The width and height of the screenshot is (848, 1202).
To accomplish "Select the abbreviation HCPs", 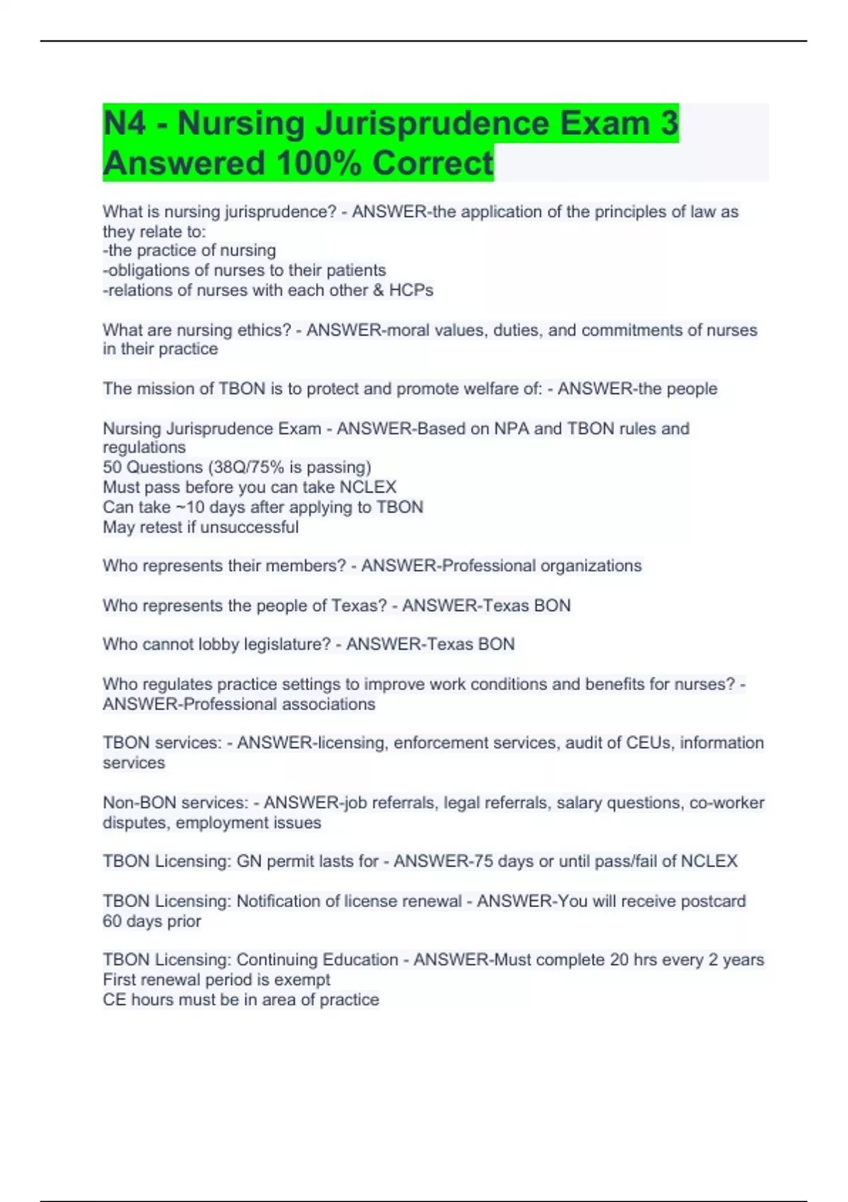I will [x=411, y=290].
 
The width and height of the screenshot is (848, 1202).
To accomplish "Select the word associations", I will [x=329, y=704].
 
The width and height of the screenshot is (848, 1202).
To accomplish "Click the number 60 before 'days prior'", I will [x=112, y=921].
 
